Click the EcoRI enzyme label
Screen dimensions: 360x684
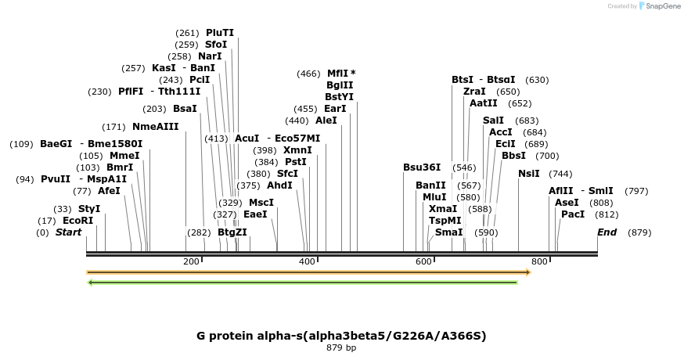pos(77,221)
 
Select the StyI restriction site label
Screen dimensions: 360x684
pos(89,209)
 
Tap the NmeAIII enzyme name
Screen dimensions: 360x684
pos(155,127)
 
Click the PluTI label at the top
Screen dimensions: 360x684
pos(220,33)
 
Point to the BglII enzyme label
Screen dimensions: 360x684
pos(340,85)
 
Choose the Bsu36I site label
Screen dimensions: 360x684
pos(422,167)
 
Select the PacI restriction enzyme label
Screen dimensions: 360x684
pos(573,214)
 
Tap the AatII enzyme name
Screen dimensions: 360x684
pos(483,103)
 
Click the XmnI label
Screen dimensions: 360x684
pos(297,150)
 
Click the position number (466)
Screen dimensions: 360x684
pos(308,74)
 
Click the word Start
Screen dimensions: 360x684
pos(68,232)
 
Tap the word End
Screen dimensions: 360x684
pos(607,232)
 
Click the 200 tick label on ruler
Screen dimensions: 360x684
pos(191,261)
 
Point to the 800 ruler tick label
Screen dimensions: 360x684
pos(538,261)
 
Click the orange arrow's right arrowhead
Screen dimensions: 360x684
pos(528,272)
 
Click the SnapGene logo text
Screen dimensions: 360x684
pos(661,6)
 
